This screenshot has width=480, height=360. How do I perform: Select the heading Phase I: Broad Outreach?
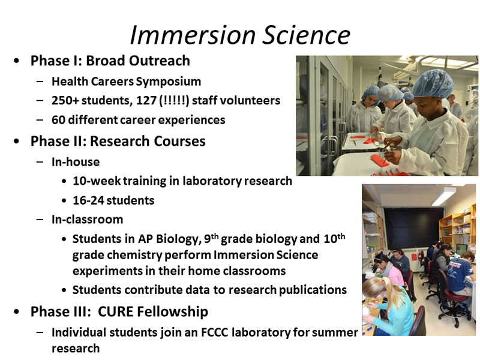[110, 61]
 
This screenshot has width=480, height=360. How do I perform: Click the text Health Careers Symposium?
[126, 81]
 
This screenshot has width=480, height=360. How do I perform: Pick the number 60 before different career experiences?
[58, 119]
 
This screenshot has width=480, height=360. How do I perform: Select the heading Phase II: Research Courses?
[118, 141]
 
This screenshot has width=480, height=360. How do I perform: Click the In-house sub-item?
[76, 161]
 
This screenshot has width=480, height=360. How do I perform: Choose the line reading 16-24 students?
[113, 200]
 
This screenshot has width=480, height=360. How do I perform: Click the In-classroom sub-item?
[87, 219]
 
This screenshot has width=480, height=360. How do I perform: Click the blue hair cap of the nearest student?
[433, 82]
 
